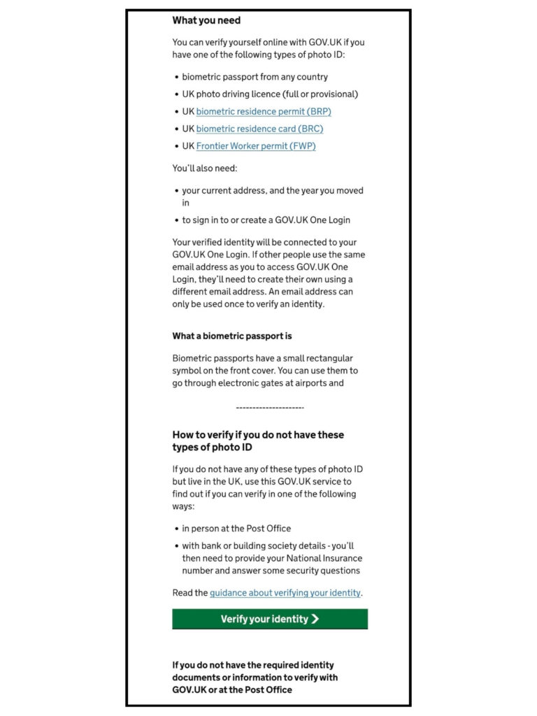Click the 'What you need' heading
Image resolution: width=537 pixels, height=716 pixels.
click(206, 21)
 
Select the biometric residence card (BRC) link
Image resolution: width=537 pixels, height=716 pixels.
click(259, 129)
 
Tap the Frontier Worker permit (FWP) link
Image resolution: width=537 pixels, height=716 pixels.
click(256, 146)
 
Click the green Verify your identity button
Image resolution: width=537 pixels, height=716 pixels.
click(270, 619)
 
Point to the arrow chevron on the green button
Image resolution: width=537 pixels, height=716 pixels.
click(315, 619)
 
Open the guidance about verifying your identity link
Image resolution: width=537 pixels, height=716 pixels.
click(285, 593)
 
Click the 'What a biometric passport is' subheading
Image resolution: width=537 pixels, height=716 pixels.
click(232, 336)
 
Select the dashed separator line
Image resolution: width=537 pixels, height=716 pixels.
click(270, 408)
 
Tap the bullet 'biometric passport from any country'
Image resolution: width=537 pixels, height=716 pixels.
click(255, 77)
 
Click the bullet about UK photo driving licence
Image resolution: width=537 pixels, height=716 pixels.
click(270, 94)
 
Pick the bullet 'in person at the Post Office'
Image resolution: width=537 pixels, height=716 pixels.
click(236, 529)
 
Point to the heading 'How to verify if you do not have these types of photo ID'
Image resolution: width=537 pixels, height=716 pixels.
click(258, 441)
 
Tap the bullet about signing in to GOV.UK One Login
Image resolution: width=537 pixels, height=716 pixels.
click(266, 220)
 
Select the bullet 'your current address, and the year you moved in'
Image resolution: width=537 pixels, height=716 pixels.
click(273, 196)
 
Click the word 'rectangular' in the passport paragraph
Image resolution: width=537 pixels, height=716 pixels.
click(331, 357)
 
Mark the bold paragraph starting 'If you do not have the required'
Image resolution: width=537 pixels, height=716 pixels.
click(254, 677)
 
